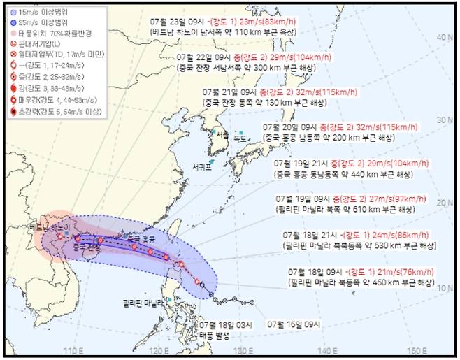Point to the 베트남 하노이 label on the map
(50, 228)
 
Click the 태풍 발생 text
(213, 334)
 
